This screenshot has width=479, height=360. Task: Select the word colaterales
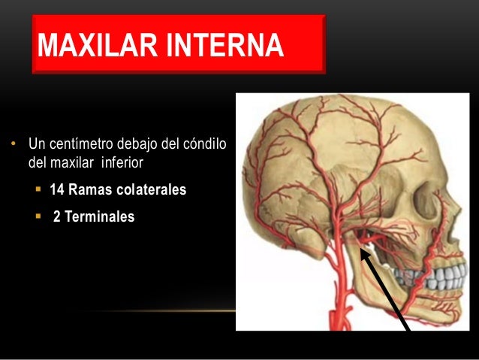click(149, 190)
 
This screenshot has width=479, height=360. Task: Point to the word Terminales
click(101, 217)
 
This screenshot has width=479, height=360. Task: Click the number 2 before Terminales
click(56, 217)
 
